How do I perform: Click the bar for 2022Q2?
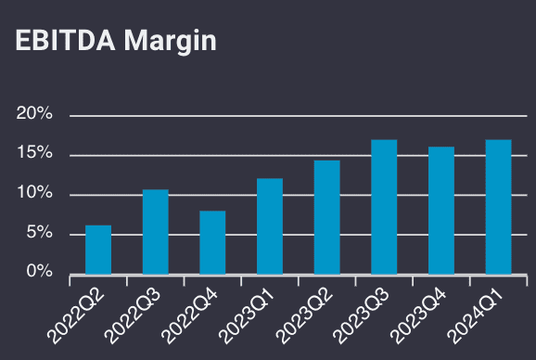tap(98, 250)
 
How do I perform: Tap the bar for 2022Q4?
tap(212, 242)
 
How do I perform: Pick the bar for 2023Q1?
tap(270, 226)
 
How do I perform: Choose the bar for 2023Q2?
tap(326, 217)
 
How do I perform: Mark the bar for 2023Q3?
tap(384, 207)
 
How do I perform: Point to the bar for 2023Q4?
tap(441, 211)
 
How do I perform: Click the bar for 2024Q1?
tap(498, 207)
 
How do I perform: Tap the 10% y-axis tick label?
tap(35, 194)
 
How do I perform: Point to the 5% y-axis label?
tap(40, 234)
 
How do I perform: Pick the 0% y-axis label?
tap(40, 273)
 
